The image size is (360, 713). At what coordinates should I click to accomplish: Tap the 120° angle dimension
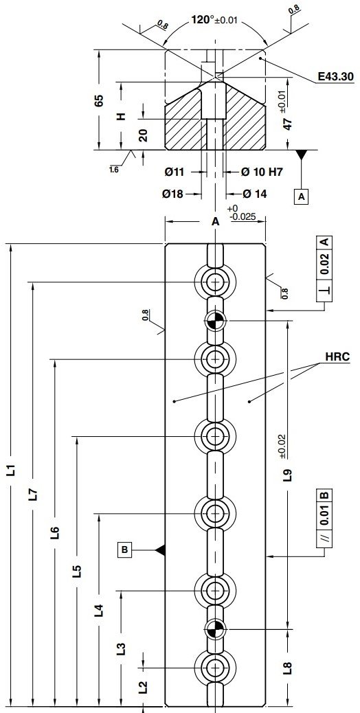pos(204,19)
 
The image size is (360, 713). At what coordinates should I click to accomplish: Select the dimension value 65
pos(100,100)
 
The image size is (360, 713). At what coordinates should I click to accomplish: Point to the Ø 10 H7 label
pos(254,171)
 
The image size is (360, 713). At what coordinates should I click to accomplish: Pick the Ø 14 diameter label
pos(251,194)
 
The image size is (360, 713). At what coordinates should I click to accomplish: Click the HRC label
pos(339,357)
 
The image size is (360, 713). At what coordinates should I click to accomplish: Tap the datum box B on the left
pos(126,550)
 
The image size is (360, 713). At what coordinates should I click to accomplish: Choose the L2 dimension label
pos(143,687)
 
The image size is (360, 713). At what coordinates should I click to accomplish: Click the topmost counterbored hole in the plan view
pos(216,282)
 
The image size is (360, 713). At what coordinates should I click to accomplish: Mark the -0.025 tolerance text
pos(244,217)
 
